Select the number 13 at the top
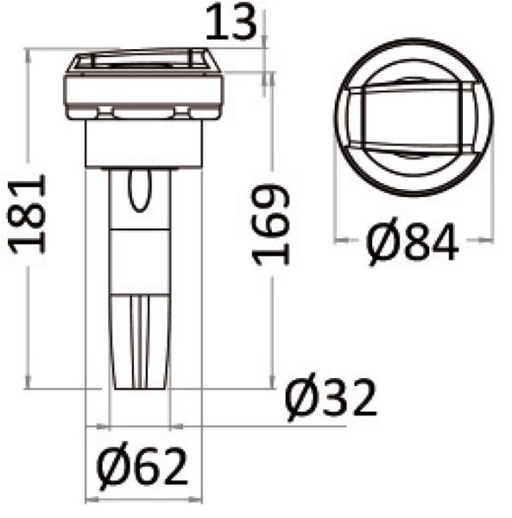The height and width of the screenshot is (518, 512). pos(232,23)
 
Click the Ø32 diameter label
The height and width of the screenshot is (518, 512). pos(331,399)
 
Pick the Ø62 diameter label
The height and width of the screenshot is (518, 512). pos(142,469)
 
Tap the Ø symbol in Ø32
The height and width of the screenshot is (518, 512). pos(301,399)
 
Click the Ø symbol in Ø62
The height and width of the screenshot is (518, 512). pos(112,469)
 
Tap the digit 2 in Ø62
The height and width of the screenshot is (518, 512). pos(173,469)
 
